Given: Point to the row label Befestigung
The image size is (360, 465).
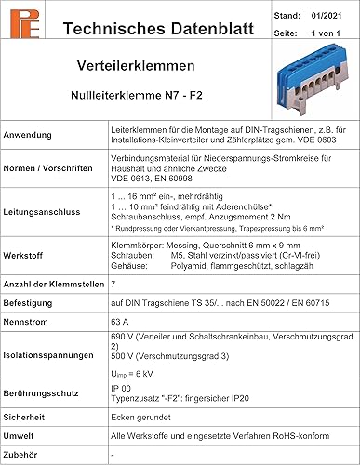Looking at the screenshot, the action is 35,299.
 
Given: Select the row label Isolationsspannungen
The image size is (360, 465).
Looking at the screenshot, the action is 54,352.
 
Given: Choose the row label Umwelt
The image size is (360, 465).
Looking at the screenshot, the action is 23,436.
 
